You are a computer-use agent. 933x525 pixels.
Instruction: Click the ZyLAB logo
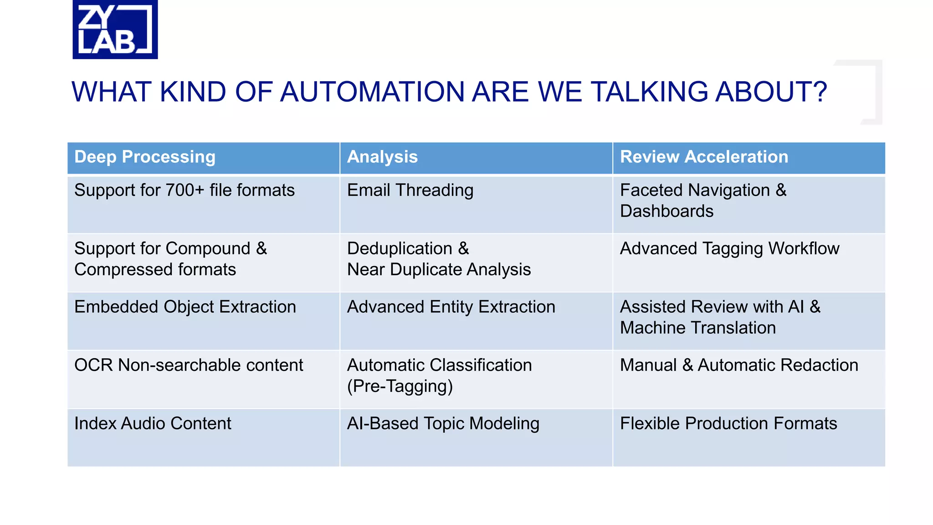(115, 29)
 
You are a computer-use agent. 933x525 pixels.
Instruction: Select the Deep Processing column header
(144, 157)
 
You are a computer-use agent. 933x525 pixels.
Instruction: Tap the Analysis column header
(382, 157)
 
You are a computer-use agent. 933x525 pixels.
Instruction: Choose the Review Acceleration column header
(704, 157)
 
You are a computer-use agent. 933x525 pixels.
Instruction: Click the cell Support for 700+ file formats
(185, 190)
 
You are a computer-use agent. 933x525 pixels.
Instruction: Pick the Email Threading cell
(410, 190)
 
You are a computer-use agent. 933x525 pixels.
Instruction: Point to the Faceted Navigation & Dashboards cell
(703, 201)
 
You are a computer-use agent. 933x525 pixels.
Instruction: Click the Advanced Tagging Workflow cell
(729, 249)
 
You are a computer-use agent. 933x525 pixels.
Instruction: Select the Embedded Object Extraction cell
(185, 307)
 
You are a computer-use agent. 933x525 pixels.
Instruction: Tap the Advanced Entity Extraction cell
(451, 307)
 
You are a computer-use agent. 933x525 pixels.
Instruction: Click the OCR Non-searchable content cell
(189, 365)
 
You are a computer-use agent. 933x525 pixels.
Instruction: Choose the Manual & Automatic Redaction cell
(739, 365)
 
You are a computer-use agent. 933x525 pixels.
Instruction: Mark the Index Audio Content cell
(153, 424)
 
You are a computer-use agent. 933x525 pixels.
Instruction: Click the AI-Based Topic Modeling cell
(443, 424)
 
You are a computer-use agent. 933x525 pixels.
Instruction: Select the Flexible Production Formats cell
(728, 424)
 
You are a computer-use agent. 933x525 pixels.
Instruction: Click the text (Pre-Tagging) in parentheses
(400, 386)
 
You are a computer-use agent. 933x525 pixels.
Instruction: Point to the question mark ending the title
(818, 92)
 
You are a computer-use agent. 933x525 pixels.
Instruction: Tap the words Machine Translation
(697, 328)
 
